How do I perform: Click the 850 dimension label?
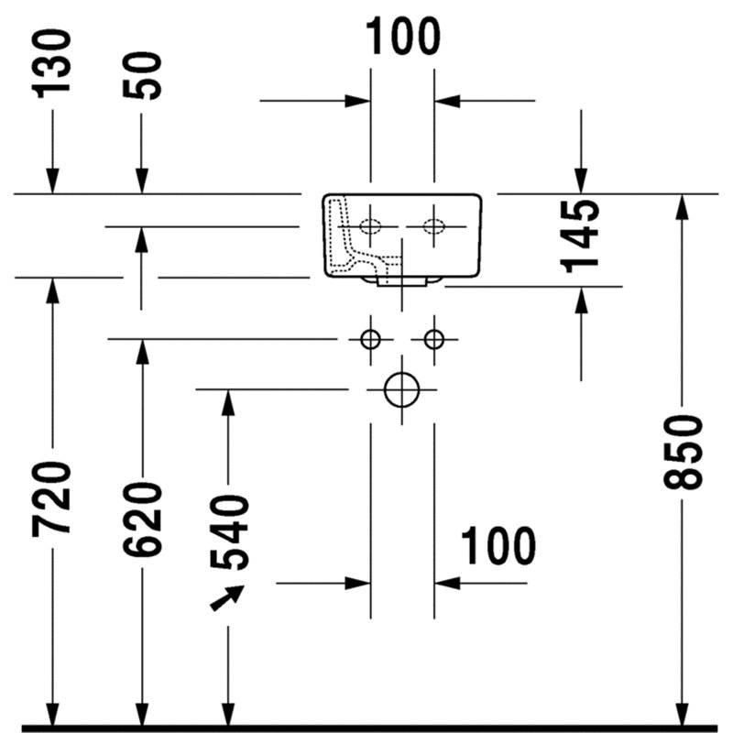[683, 452]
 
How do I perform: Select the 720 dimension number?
[52, 498]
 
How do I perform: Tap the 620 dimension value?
[142, 520]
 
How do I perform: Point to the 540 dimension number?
[229, 533]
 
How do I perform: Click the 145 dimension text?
[580, 236]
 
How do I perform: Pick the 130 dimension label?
[52, 63]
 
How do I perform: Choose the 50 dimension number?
[142, 75]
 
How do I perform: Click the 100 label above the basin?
[403, 36]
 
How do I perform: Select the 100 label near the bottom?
[498, 545]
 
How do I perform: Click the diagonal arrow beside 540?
[227, 597]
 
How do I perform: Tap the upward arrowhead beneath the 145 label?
[581, 301]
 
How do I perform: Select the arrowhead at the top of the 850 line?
[683, 206]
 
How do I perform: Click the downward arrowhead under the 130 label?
[52, 181]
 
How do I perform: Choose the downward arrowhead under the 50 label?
[142, 181]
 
